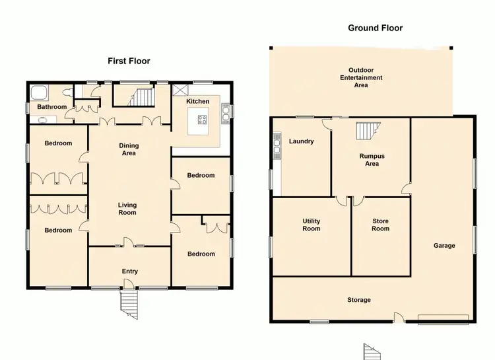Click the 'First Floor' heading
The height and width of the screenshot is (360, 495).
coord(129,61)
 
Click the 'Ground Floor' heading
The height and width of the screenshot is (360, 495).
coord(375,28)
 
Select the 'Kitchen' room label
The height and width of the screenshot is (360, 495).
coord(197,101)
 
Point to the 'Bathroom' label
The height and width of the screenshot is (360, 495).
coord(51,106)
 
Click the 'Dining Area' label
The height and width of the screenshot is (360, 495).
coord(129,149)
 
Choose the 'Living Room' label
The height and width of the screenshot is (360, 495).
coord(127,209)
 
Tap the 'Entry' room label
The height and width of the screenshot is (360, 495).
coord(130,271)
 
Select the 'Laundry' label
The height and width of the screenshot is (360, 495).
coord(301,141)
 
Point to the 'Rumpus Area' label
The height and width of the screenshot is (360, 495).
coord(372,160)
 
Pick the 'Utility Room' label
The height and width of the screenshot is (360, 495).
coord(311,225)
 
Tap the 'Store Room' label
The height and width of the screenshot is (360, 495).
coord(380,225)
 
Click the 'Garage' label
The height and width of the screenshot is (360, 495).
coord(444,245)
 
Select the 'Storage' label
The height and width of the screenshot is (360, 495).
coord(359,300)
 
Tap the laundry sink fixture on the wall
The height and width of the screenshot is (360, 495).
coord(277,149)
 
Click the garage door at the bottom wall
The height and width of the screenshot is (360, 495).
coord(444,318)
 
